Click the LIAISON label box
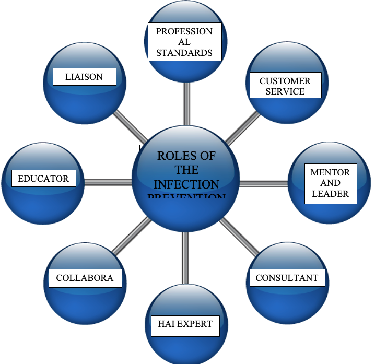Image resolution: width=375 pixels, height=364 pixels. click(84, 77)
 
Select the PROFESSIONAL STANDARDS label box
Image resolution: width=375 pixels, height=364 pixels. click(184, 42)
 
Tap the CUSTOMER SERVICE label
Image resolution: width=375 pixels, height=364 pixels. click(285, 86)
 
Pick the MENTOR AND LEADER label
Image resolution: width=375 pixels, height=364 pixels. click(330, 183)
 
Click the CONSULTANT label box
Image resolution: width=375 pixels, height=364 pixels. click(287, 278)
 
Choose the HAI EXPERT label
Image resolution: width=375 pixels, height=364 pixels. click(185, 324)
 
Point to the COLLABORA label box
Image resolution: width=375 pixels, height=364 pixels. click(85, 278)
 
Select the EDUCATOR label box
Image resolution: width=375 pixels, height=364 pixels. click(43, 179)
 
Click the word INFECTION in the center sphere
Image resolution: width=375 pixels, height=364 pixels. click(186, 184)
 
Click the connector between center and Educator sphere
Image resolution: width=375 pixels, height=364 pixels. click(108, 183)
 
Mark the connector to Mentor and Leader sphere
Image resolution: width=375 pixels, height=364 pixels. click(264, 183)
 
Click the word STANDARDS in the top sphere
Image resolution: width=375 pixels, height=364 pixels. click(184, 52)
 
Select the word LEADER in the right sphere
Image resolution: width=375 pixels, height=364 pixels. click(330, 194)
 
